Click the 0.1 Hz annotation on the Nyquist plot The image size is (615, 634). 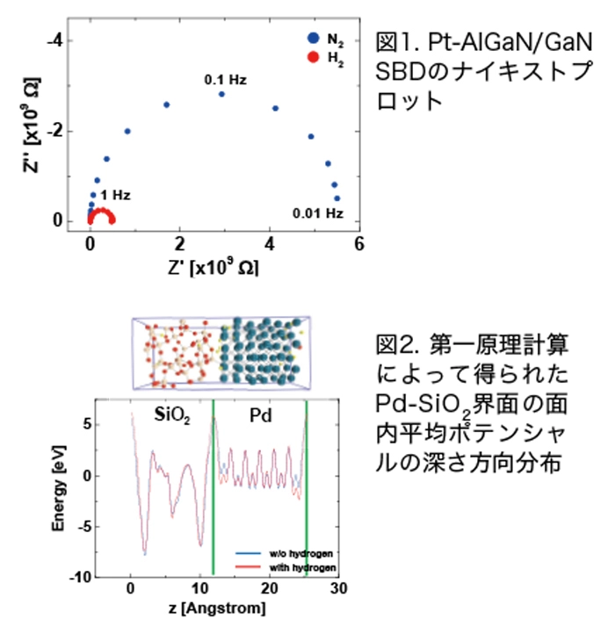[x=225, y=80]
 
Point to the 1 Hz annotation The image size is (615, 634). [x=116, y=195]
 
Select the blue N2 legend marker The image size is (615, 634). [x=314, y=39]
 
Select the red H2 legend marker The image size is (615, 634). [x=314, y=57]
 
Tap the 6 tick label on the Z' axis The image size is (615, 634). [x=358, y=245]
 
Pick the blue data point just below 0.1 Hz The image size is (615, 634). [x=221, y=94]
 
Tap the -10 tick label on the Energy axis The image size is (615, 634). [x=104, y=576]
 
